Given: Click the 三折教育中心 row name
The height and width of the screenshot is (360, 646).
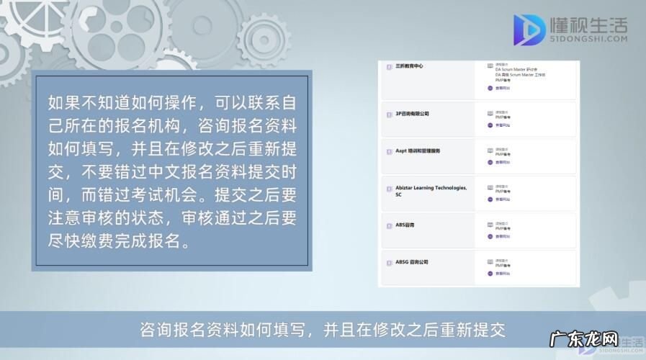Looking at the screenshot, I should pos(409,66).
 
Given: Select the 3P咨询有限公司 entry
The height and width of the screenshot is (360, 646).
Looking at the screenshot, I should pos(412,114).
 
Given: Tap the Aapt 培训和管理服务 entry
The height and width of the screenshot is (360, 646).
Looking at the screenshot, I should pos(418,150).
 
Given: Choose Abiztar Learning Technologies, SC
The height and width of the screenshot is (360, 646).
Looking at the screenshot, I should pos(431,191).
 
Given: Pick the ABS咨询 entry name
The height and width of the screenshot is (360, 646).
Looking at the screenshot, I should pos(405,225).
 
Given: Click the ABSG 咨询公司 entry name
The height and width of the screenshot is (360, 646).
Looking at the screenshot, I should pos(412,262).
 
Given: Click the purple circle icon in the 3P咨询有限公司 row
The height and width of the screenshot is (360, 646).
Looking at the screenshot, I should pos(490,125).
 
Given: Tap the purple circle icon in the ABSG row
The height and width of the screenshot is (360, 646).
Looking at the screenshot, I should pos(490,274).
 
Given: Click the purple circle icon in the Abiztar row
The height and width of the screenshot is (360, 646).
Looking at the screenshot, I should pos(490,199).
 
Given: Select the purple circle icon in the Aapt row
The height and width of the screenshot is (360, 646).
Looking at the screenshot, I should pos(490,162).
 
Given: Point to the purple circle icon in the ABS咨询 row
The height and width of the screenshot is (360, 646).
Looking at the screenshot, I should pos(490,238).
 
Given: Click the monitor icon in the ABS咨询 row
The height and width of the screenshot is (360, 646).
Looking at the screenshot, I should pos(490,225).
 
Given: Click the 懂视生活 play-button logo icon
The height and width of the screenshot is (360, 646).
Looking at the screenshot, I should pos(529,30).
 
